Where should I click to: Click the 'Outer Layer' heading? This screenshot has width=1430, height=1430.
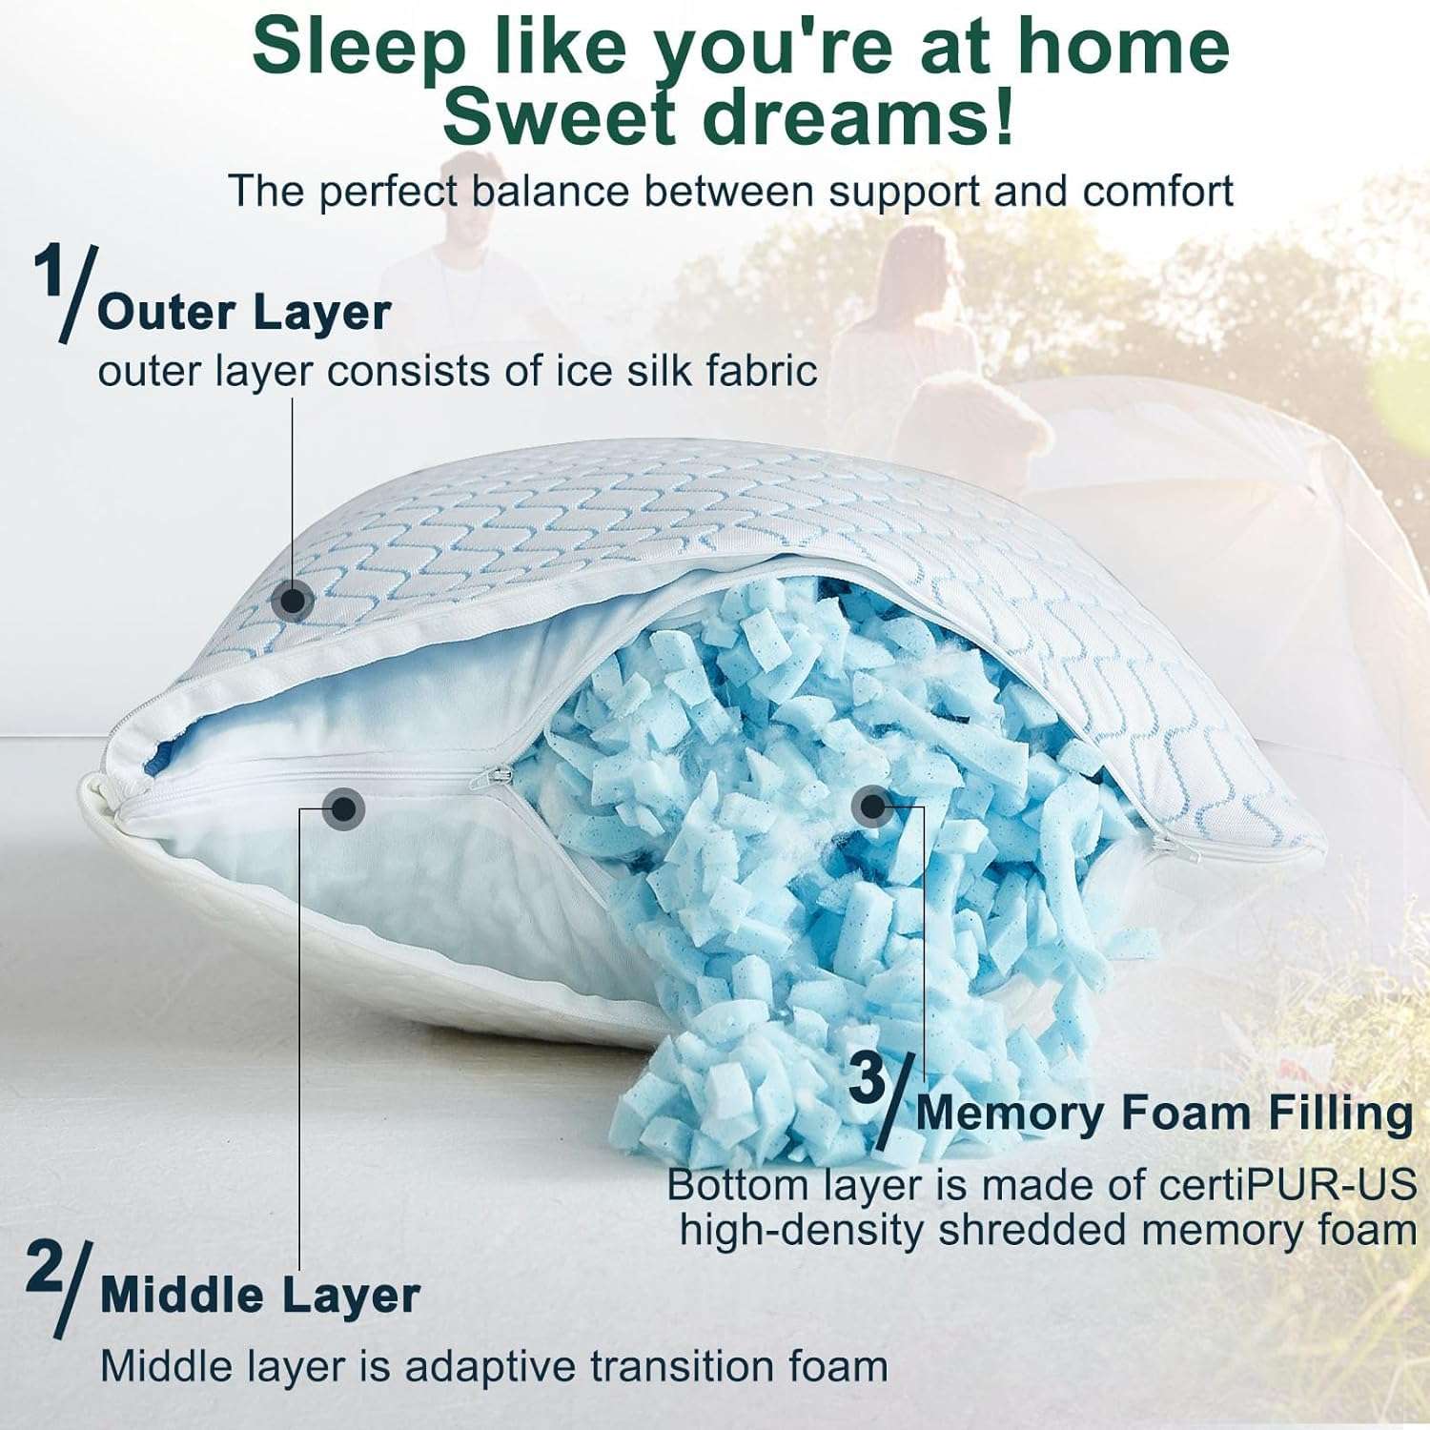[x=244, y=313]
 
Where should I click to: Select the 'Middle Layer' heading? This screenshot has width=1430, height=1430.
[x=259, y=1296]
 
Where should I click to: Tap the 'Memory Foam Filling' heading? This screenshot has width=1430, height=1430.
[x=1164, y=1113]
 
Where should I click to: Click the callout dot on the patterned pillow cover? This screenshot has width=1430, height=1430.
[x=292, y=601]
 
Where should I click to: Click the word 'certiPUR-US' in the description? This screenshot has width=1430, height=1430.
[x=1288, y=1185]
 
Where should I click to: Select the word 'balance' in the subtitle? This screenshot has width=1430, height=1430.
[x=551, y=191]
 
